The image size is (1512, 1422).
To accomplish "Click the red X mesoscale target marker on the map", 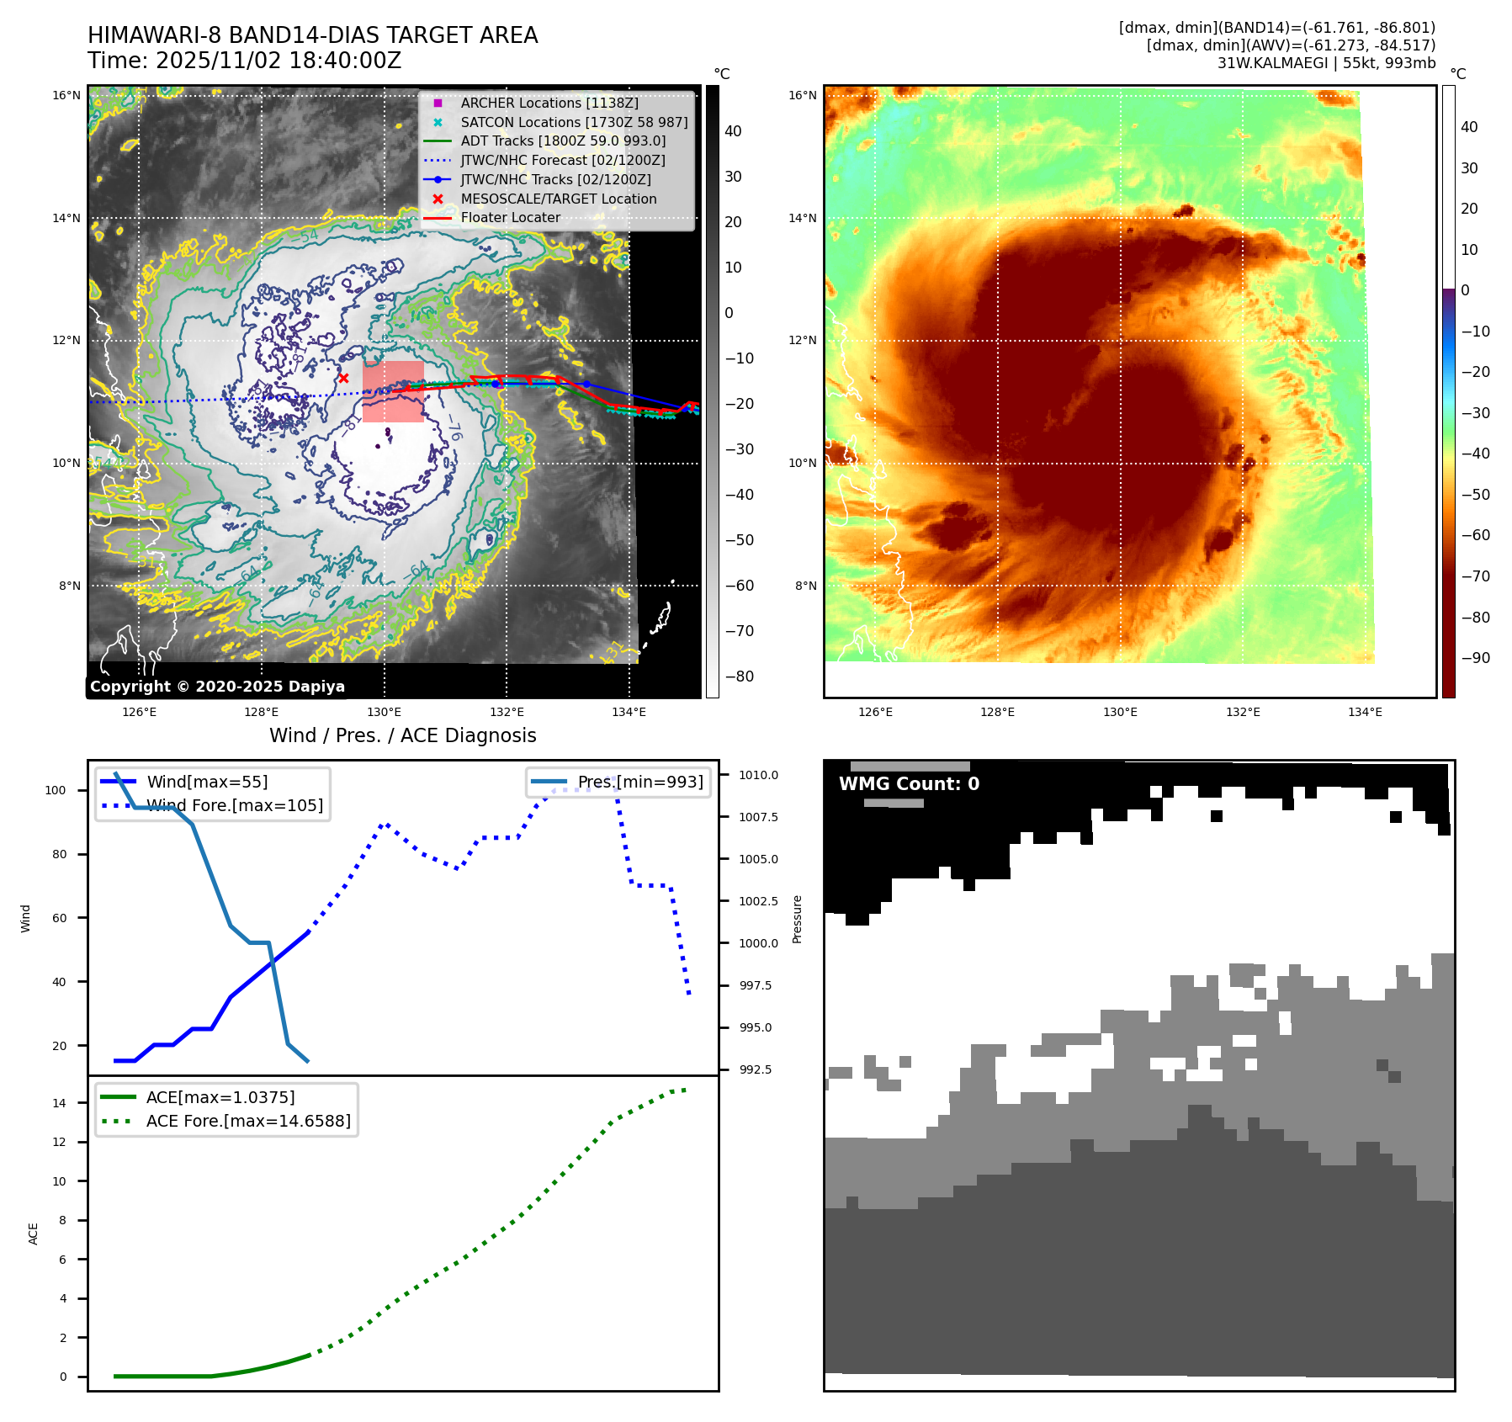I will (343, 379).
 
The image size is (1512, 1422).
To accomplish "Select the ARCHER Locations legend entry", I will (549, 103).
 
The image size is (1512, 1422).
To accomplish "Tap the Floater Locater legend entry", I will (510, 217).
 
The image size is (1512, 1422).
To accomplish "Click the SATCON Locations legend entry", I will (573, 122).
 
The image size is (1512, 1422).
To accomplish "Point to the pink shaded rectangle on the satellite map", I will (393, 391).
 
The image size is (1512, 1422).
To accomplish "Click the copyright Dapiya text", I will (217, 687).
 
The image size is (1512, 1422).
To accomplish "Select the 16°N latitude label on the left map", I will (66, 95).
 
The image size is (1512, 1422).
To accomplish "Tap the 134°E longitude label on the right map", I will (1365, 712).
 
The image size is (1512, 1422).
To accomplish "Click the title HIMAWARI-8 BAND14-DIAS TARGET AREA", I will (312, 35).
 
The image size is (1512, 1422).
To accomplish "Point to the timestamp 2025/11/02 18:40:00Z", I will (278, 61).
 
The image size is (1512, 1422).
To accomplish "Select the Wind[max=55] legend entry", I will (207, 782).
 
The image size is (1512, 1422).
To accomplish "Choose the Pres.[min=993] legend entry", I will (639, 782).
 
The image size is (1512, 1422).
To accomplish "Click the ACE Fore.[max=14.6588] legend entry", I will (248, 1121).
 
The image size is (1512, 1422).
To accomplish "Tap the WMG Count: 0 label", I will (909, 783).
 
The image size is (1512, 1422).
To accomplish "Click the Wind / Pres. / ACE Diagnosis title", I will (402, 735).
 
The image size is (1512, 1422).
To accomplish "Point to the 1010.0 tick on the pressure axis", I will (758, 775).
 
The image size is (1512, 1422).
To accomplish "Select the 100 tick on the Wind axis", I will (56, 790).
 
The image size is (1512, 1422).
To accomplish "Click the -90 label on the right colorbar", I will (1475, 658).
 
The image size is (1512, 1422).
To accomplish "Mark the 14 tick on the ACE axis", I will (60, 1103).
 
